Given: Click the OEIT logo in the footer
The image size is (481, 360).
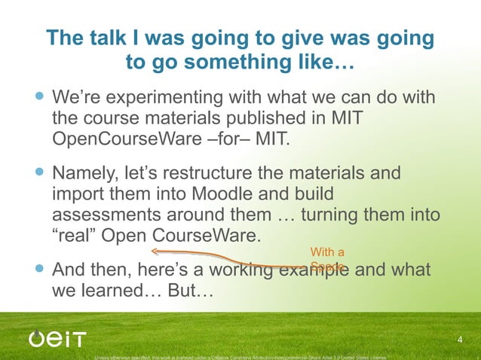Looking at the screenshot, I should pos(58,339).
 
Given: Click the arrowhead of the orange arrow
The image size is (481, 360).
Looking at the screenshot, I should pos(154,252).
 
